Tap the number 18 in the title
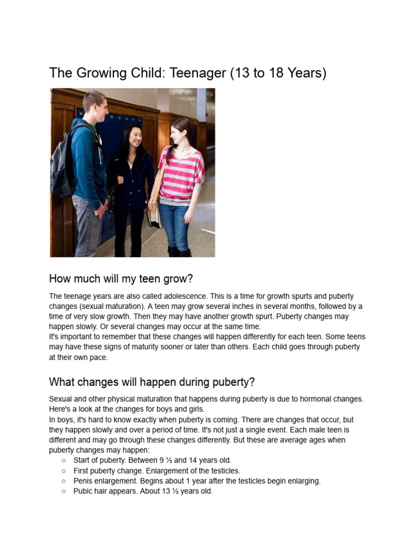276,73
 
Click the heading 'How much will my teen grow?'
121,279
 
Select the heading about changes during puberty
151,382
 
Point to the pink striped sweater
182,174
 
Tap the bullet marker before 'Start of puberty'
64,460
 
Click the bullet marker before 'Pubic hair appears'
64,491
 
